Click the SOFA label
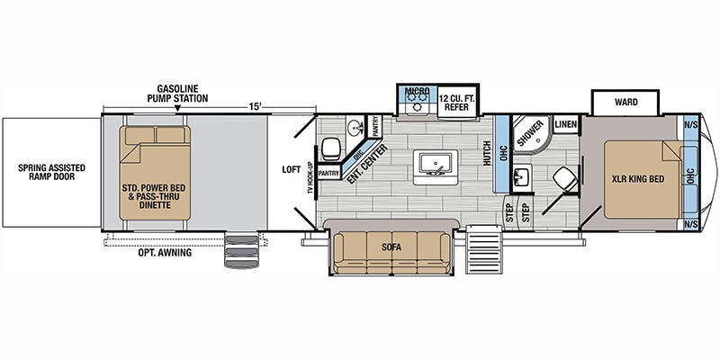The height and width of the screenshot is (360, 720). coord(391,247)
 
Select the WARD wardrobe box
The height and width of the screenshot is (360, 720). coord(625,103)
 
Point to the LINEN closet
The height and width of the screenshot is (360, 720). coord(566,124)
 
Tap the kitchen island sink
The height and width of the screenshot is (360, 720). coord(435,166)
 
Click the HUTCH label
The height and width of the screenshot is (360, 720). coord(487,152)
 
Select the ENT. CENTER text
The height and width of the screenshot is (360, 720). coord(366,164)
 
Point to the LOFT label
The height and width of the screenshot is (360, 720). coord(291,169)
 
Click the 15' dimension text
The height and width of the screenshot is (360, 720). coord(256,106)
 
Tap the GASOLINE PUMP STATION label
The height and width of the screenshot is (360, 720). coord(177,94)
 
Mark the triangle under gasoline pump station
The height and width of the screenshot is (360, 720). coord(177,109)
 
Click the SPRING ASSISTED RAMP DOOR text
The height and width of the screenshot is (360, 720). coord(51,172)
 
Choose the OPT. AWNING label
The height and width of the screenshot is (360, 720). coord(165,253)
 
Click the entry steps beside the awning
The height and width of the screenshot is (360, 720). coord(241,251)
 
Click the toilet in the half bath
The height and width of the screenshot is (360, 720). coord(330,148)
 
